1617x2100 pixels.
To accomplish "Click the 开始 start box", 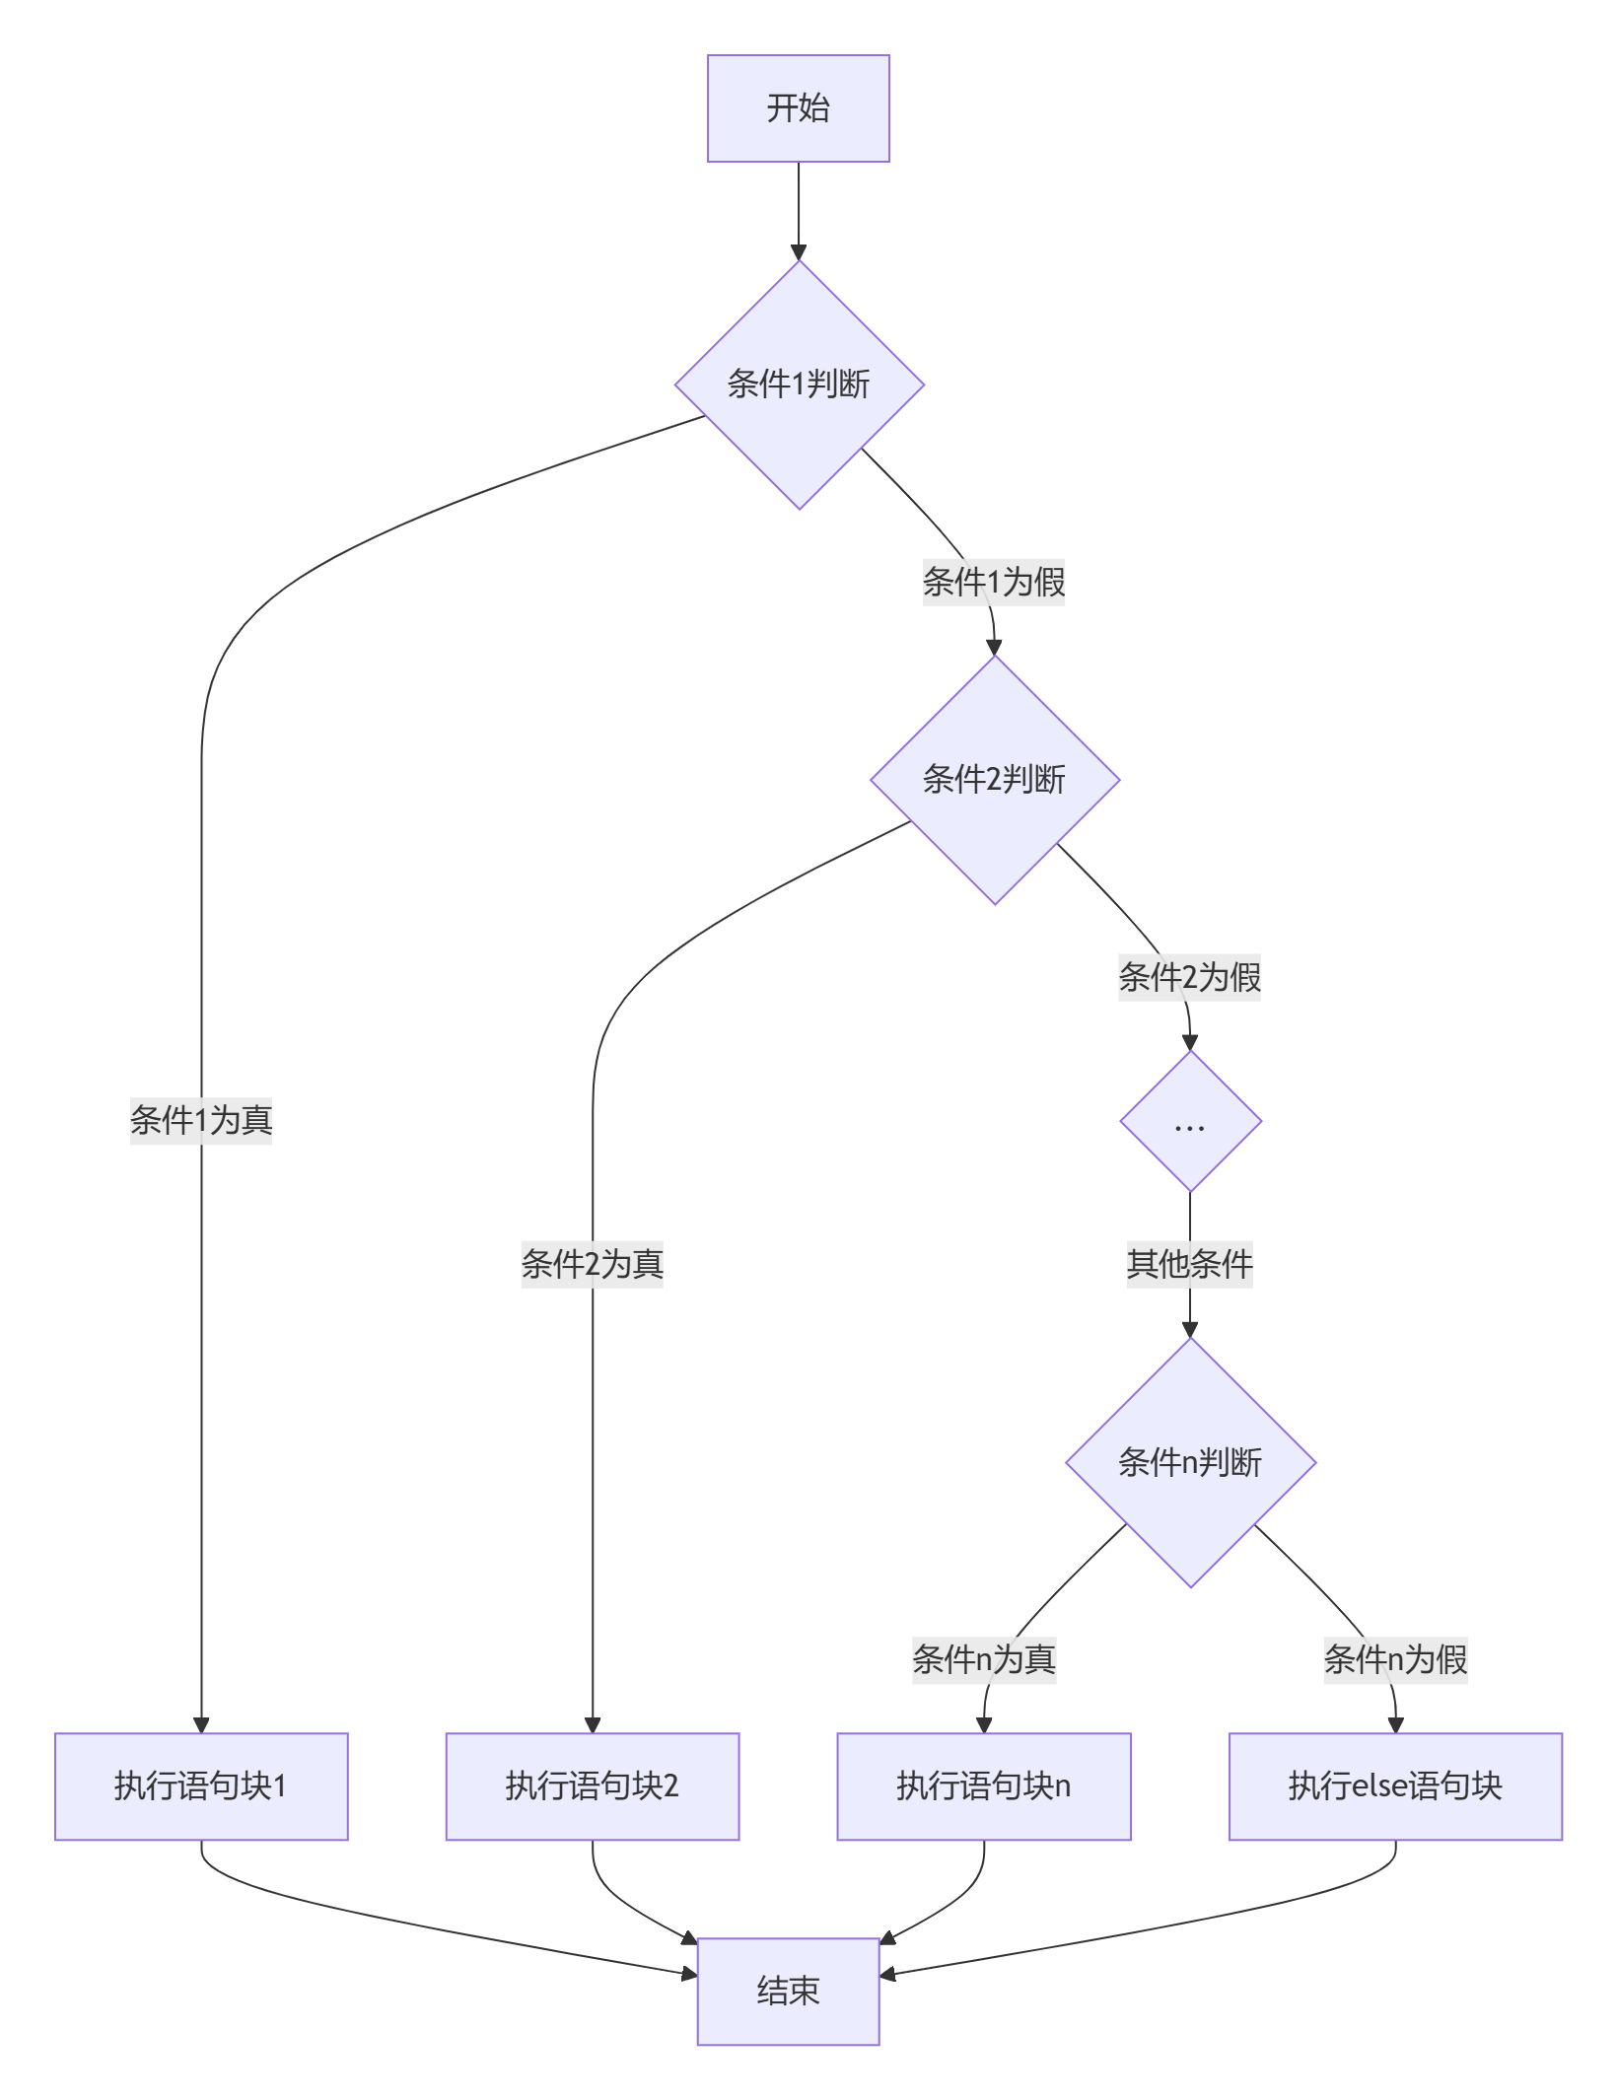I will coord(798,108).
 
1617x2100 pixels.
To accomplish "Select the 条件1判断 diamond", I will coord(799,385).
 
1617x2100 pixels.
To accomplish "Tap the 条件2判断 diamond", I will coord(994,780).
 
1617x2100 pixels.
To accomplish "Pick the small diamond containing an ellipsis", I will coord(1190,1122).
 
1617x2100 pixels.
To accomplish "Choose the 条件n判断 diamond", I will coord(1190,1462).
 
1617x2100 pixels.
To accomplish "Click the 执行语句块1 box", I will coord(201,1785).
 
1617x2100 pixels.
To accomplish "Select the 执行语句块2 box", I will coord(592,1785).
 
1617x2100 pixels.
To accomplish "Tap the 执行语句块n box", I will coord(983,1785).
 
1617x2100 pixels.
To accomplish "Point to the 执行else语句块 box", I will coord(1394,1785).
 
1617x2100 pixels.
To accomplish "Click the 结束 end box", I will coord(788,1992).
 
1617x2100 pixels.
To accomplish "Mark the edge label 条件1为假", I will coord(993,582).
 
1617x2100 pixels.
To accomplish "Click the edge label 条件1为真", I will coord(201,1120).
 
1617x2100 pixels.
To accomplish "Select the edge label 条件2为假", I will coord(1189,977).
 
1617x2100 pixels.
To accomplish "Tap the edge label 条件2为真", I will coord(592,1264).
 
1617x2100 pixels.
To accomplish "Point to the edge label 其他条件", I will coord(1189,1264).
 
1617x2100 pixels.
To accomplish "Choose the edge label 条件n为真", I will coord(983,1659).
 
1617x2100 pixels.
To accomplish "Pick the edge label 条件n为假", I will coord(1394,1659).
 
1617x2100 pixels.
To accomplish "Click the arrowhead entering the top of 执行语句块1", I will coord(201,1724).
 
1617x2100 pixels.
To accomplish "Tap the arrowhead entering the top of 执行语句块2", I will coord(593,1724).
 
